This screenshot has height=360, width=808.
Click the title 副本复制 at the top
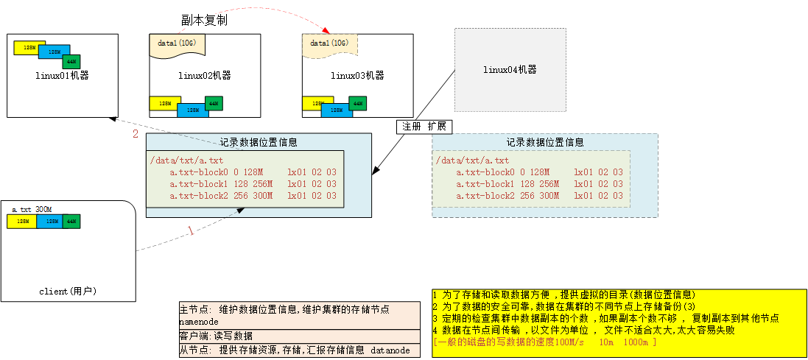[204, 21]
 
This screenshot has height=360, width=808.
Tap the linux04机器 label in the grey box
[510, 70]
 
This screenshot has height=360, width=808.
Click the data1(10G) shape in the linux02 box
[177, 44]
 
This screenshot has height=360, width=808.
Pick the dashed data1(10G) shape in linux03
[330, 44]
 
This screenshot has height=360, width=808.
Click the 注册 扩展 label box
[424, 126]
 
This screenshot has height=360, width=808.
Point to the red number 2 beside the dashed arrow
[136, 134]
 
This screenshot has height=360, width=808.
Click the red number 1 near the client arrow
[191, 231]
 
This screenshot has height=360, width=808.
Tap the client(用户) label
[68, 292]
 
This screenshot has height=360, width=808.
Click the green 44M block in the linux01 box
[71, 61]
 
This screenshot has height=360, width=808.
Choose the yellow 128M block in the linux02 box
[165, 104]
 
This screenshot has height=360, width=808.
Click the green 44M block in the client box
[71, 221]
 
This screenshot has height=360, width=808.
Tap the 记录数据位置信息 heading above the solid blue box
[259, 142]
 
